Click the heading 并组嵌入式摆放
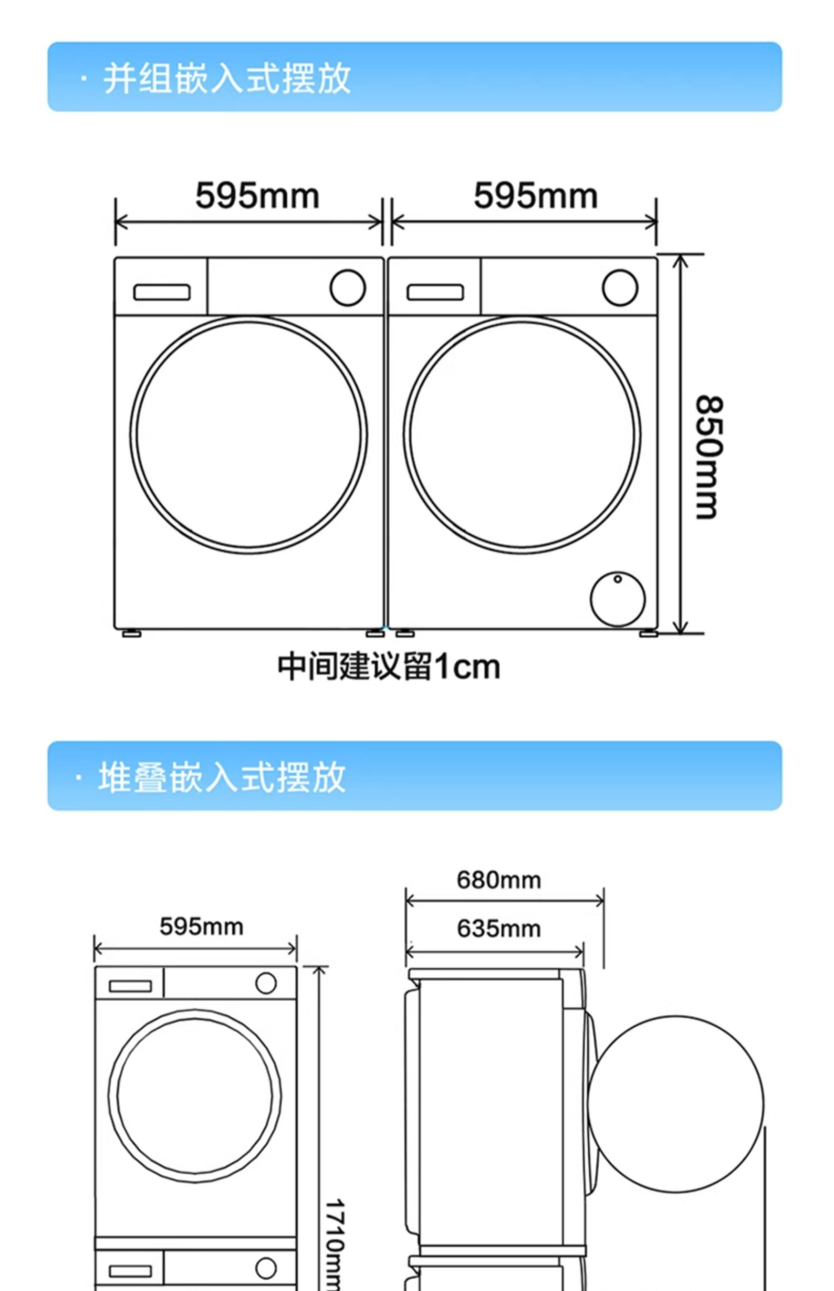pos(227,78)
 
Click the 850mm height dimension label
pos(710,458)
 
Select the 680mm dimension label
pos(499,880)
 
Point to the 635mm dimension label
pos(499,928)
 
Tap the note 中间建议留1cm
pos(389,667)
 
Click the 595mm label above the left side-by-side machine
pos(257,196)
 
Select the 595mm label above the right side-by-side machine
pos(535,196)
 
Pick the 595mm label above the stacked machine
pos(201,927)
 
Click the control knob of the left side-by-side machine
pos(348,288)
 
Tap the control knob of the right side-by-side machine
pos(620,288)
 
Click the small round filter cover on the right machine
pos(618,599)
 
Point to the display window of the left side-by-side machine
pos(161,292)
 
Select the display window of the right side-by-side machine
pos(435,292)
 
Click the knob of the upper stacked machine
pos(266,983)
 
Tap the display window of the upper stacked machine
pos(130,986)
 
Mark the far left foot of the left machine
pos(131,633)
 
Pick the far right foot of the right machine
pos(648,633)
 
